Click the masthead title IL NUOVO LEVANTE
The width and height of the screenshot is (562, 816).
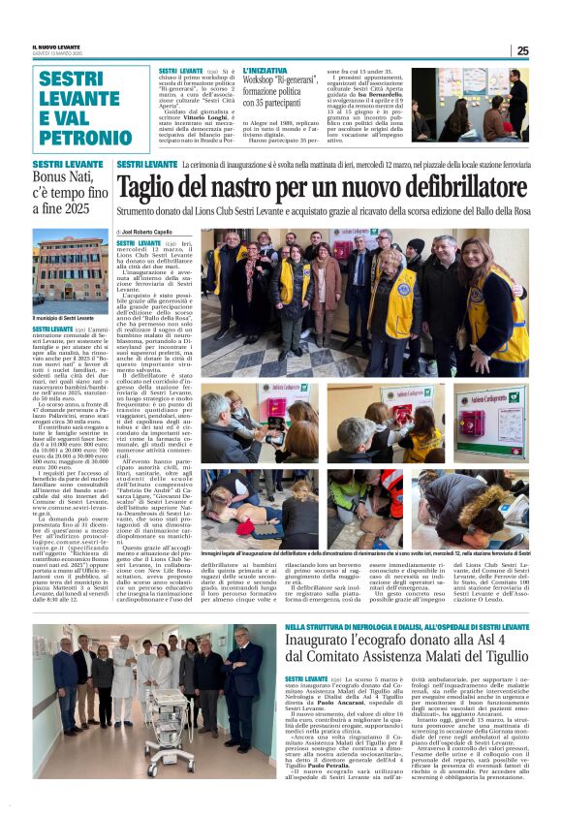point(59,47)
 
